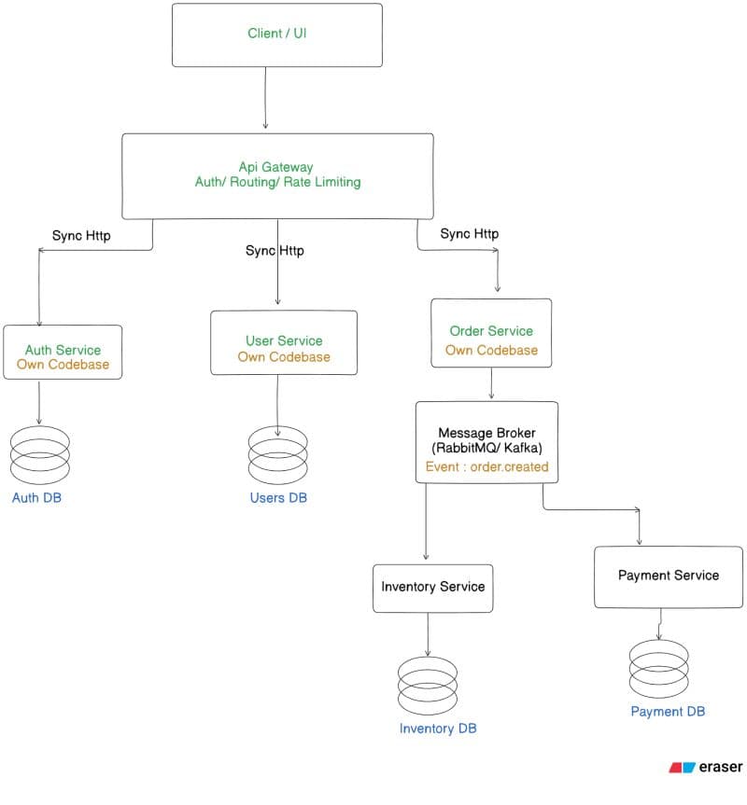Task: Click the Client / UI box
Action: [x=277, y=35]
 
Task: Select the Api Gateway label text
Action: [x=275, y=167]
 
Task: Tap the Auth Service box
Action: [x=63, y=353]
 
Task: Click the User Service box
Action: [x=284, y=342]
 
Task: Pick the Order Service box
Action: [x=491, y=333]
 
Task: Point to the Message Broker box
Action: [x=486, y=442]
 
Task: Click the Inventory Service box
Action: [x=432, y=589]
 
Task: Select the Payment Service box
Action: [x=668, y=577]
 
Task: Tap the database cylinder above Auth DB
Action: [x=40, y=455]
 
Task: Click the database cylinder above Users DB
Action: [x=278, y=455]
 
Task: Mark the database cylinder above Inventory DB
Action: [x=428, y=686]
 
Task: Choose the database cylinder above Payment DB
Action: [x=658, y=669]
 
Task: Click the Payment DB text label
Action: [x=668, y=712]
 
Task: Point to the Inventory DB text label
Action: [x=438, y=729]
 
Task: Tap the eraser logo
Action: [x=705, y=767]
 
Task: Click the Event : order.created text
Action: [x=487, y=466]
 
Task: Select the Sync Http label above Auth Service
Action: [x=81, y=236]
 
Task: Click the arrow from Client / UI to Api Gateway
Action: [x=265, y=98]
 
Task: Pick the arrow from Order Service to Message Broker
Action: [x=492, y=383]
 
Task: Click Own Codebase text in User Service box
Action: [x=284, y=357]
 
